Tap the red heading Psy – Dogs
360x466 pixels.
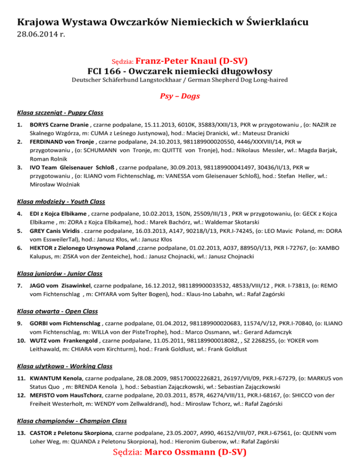(x=180, y=96)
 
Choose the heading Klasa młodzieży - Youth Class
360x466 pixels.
(x=61, y=201)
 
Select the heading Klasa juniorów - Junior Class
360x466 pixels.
(x=59, y=273)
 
